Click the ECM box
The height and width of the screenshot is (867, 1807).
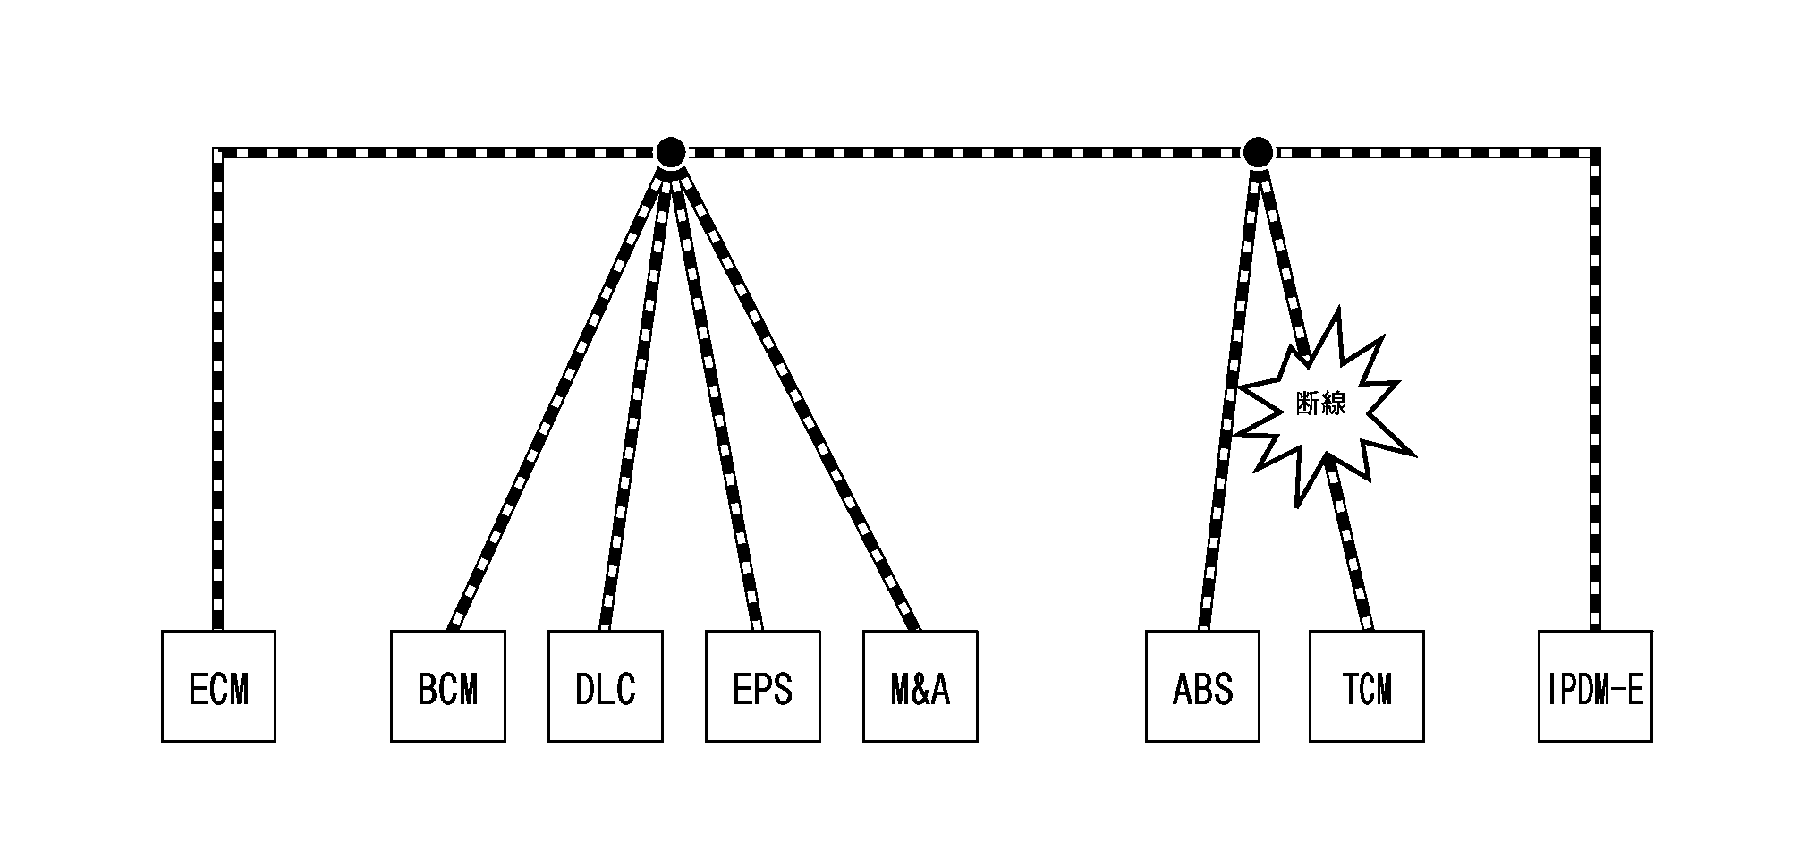(218, 686)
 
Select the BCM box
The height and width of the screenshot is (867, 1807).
(447, 686)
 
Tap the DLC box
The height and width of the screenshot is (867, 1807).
(605, 686)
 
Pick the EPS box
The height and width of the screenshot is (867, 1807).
(762, 686)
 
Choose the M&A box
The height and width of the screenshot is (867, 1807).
(920, 686)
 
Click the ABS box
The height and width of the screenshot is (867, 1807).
(1202, 686)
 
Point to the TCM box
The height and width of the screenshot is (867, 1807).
(1366, 686)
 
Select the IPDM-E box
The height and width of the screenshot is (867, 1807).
(1595, 686)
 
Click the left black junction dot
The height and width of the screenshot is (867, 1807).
(670, 152)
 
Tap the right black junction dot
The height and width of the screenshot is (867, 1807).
(1258, 152)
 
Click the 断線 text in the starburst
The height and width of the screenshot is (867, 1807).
(1320, 404)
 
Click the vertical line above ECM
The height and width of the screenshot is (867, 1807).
(217, 394)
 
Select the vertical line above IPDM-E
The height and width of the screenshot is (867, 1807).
(1595, 394)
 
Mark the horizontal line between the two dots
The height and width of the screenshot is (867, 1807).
(964, 152)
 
